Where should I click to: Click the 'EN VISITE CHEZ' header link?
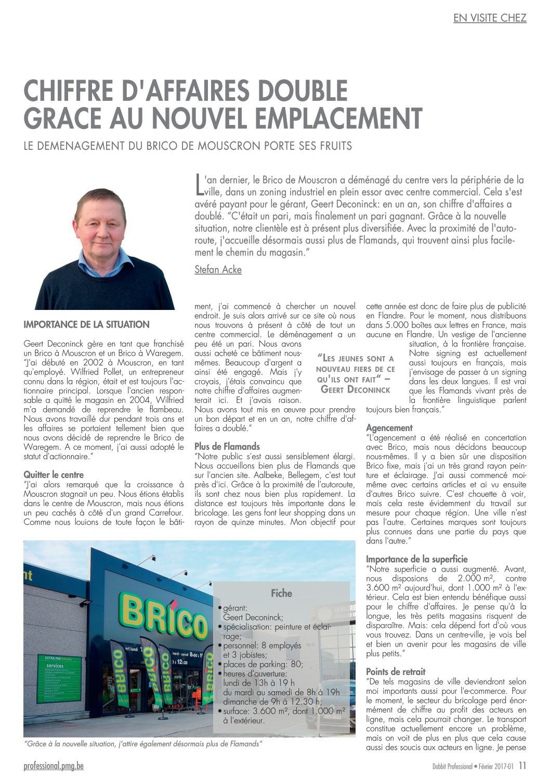click(x=490, y=18)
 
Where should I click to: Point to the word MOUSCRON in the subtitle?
click(x=229, y=146)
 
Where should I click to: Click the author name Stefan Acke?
click(x=218, y=269)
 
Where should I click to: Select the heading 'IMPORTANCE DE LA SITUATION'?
click(x=86, y=325)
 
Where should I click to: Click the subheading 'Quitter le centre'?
click(x=54, y=474)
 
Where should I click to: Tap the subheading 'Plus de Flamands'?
click(x=227, y=446)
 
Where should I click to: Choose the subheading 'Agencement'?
click(x=389, y=427)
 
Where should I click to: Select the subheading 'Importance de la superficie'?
click(x=416, y=559)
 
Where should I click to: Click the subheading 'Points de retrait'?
click(x=396, y=671)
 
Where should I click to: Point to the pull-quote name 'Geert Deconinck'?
click(x=356, y=389)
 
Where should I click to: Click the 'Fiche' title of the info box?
click(x=281, y=593)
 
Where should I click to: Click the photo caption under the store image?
click(x=142, y=744)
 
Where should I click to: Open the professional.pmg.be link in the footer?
click(x=54, y=766)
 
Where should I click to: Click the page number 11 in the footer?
click(x=522, y=766)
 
